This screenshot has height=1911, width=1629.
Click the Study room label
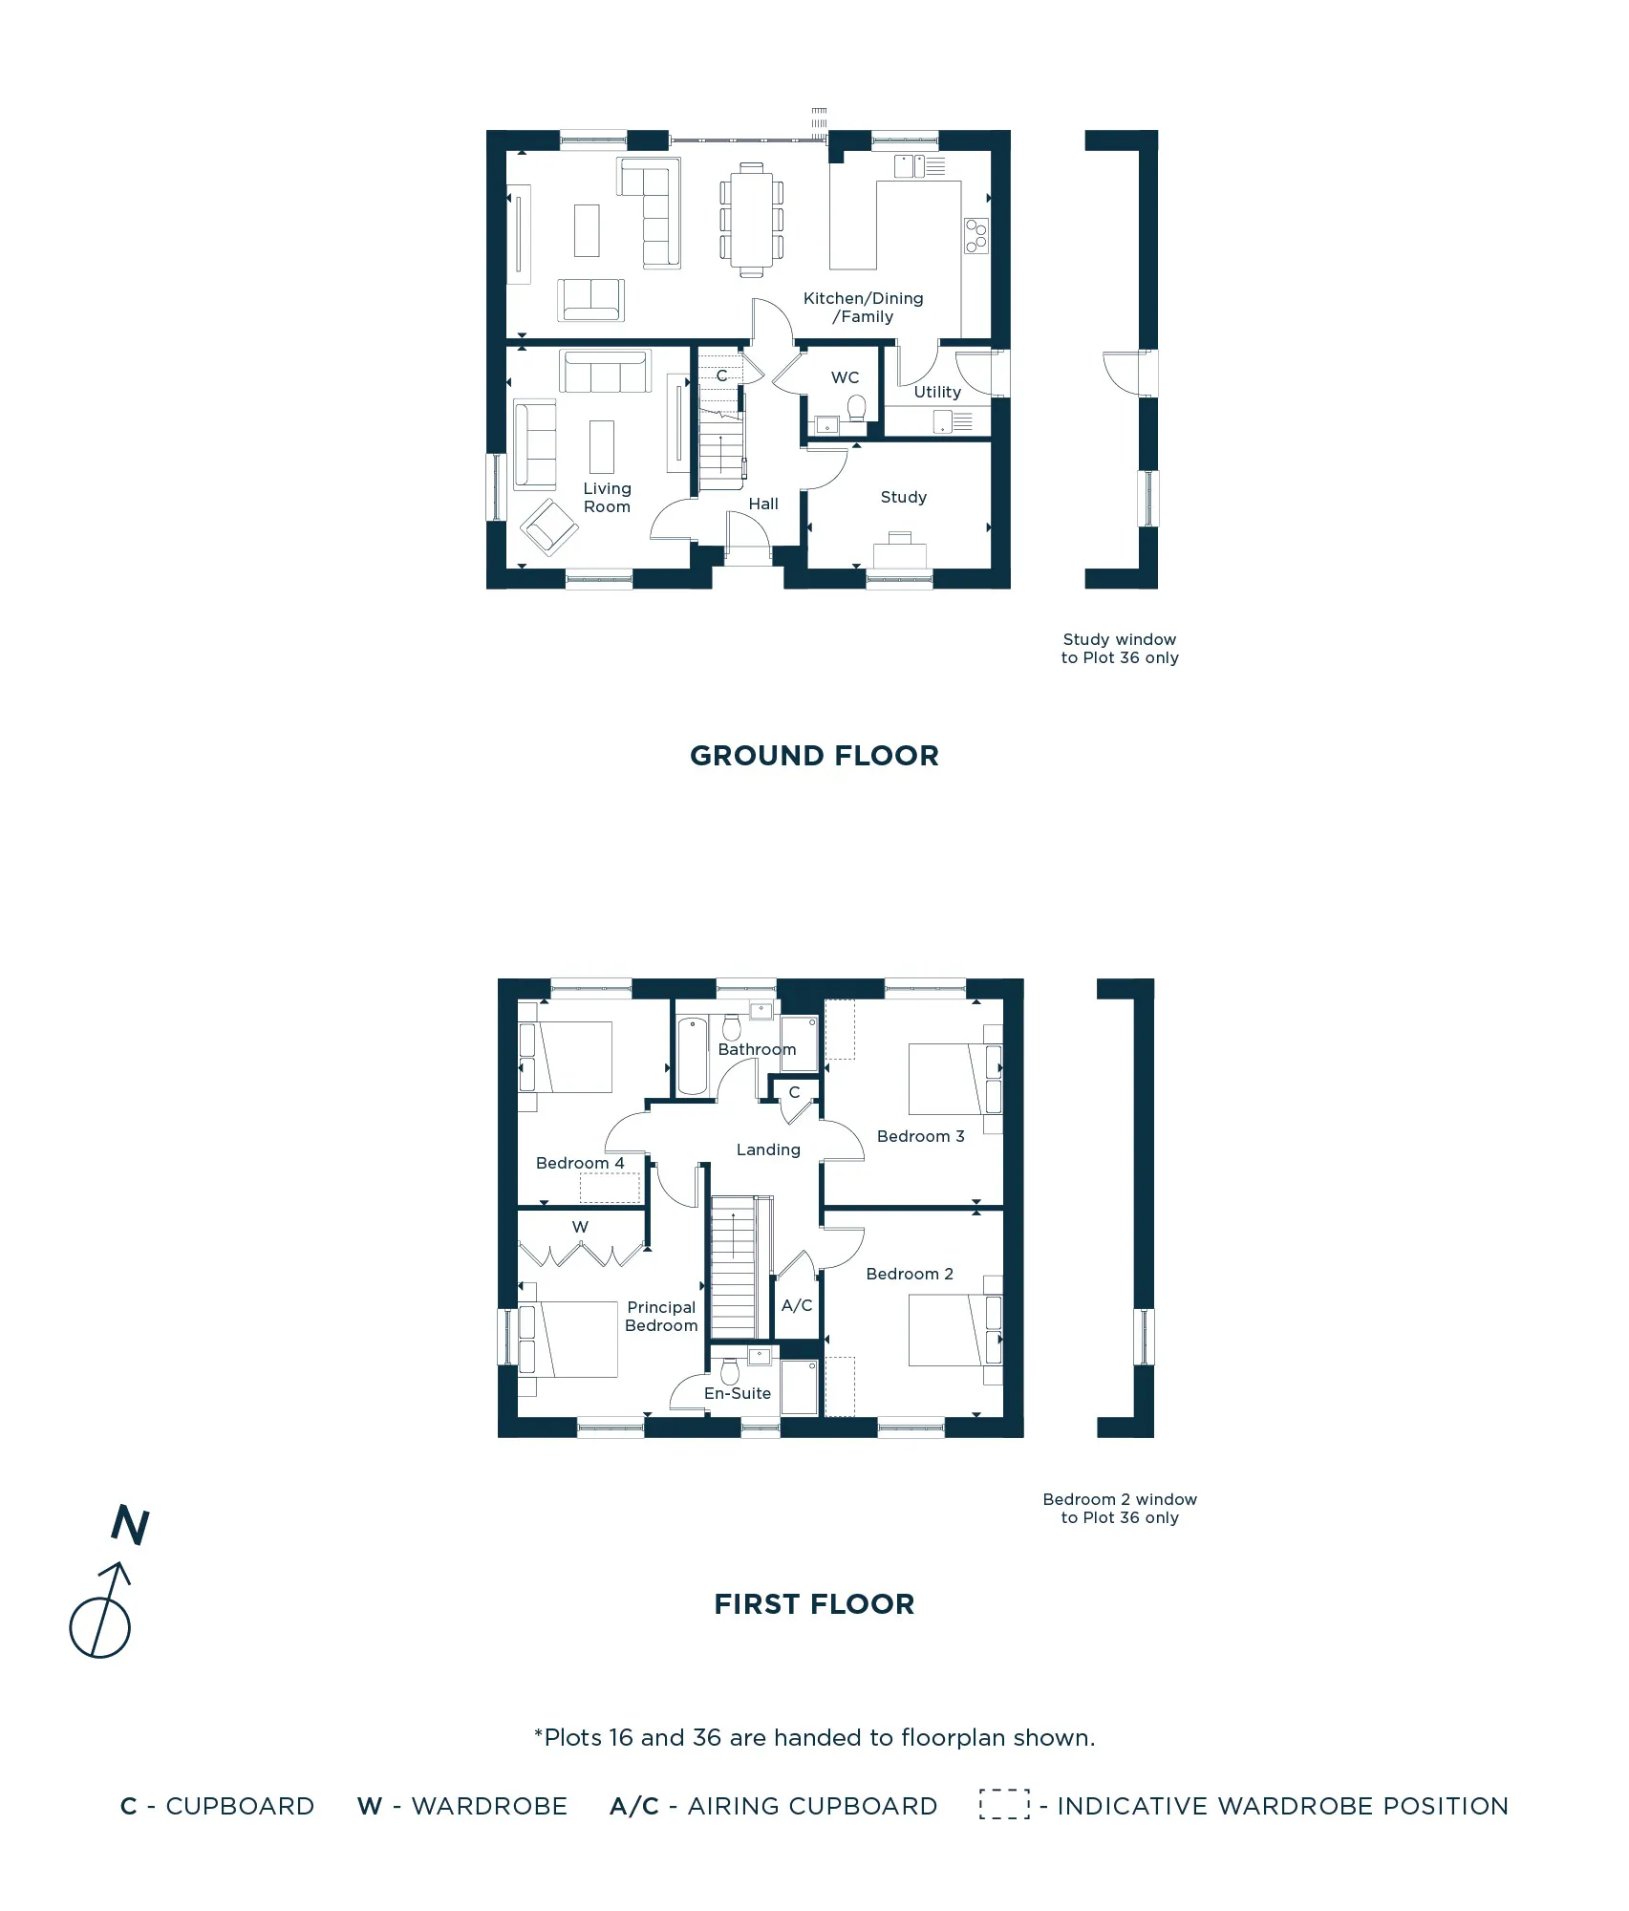tap(903, 497)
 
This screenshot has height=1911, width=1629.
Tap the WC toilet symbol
tap(856, 409)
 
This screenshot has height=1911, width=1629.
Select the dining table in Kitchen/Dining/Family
tap(752, 220)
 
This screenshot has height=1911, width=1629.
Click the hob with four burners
tap(975, 236)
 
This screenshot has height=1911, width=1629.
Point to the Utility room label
tap(936, 392)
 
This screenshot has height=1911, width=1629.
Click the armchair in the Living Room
tap(548, 526)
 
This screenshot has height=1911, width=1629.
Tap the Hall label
tap(762, 504)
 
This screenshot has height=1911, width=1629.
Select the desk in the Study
tap(900, 553)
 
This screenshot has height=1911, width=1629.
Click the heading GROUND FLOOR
tap(814, 756)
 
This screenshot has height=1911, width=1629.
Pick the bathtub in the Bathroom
tap(692, 1056)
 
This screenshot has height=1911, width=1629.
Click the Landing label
tap(768, 1149)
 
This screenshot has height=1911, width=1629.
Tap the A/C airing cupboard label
tap(796, 1305)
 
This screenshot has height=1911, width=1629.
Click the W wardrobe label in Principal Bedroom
tap(580, 1227)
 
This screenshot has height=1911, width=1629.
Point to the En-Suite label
tap(737, 1393)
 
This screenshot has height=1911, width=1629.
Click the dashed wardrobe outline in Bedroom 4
tap(610, 1188)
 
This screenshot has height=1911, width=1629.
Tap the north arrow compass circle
tap(99, 1627)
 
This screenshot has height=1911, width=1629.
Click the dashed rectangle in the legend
tap(1004, 1805)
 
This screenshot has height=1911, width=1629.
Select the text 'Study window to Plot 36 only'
tap(1119, 649)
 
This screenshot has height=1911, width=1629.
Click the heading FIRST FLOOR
tap(814, 1604)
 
